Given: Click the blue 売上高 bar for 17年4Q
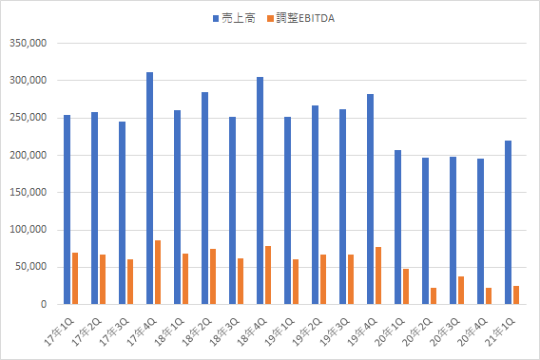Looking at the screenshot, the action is click(x=150, y=188).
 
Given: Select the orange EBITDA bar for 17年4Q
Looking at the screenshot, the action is click(x=158, y=273).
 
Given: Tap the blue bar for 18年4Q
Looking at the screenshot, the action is click(x=260, y=191).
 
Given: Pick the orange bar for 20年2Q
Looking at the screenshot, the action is click(x=434, y=296).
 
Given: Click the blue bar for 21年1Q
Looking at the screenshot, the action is click(x=508, y=222).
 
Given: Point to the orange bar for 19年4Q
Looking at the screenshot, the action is click(x=378, y=275).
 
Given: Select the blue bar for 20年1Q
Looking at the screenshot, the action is click(x=397, y=227).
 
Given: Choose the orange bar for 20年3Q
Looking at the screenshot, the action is click(x=461, y=291).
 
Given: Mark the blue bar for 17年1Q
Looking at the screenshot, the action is click(x=67, y=210).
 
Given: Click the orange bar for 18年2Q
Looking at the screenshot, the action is click(x=213, y=276).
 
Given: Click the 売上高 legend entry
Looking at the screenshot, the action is click(x=234, y=18).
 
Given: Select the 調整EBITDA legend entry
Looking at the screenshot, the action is click(x=301, y=18).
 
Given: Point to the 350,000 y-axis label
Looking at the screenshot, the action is click(x=28, y=44).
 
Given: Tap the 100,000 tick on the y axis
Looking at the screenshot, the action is click(x=28, y=230).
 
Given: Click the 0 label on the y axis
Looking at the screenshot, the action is click(x=44, y=304).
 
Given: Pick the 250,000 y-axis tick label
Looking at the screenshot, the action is click(x=28, y=118).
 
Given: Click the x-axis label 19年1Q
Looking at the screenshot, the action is click(x=280, y=332).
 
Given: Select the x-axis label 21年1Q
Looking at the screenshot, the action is click(x=500, y=332).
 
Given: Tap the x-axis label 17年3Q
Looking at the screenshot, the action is click(x=114, y=332).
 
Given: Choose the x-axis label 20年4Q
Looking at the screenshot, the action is click(x=472, y=332).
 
